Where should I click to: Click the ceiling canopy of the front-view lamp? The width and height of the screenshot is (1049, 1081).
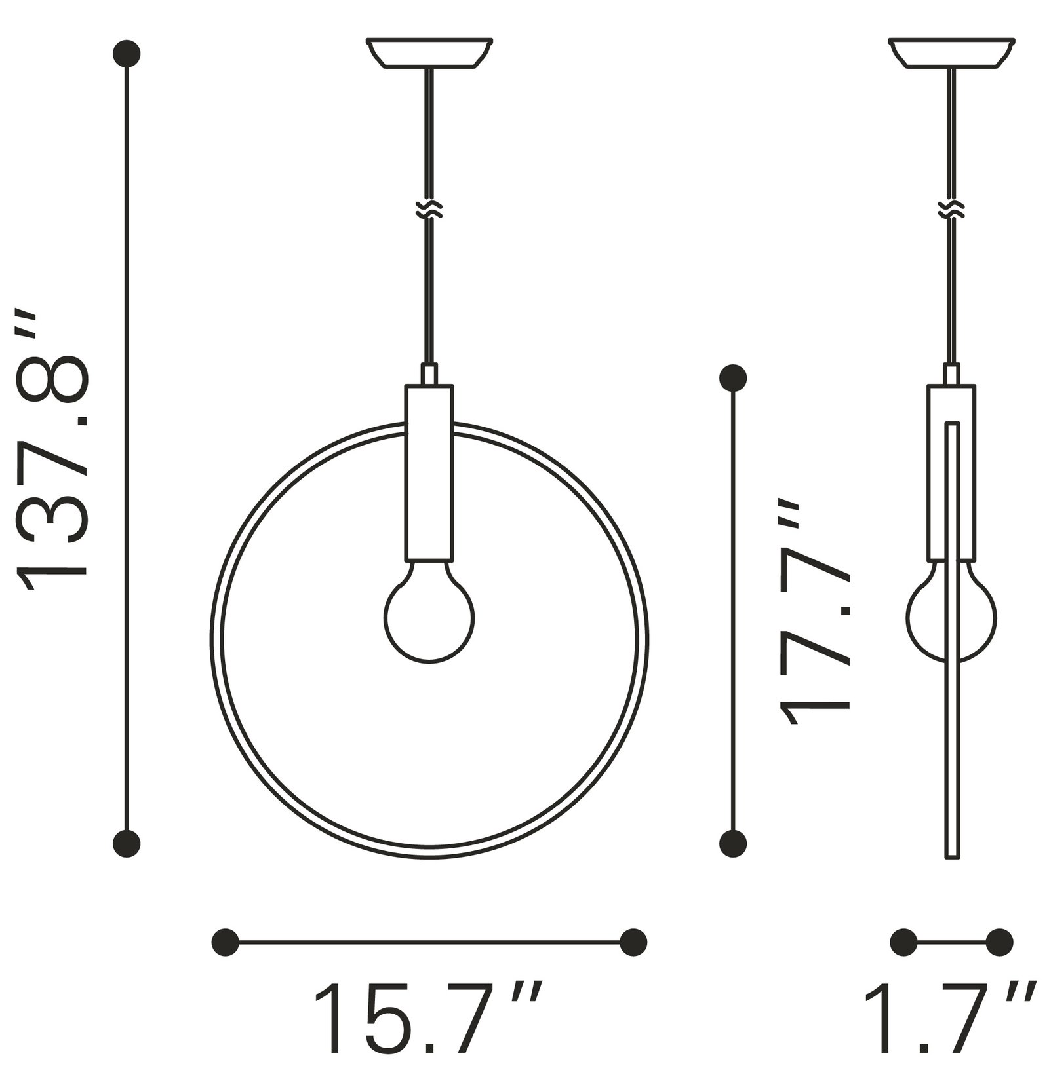click(x=429, y=53)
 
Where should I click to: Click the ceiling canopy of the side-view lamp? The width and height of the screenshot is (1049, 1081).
click(x=951, y=53)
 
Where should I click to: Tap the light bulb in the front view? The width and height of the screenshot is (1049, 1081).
click(x=429, y=616)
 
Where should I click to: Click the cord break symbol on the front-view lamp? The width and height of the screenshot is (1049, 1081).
click(x=429, y=209)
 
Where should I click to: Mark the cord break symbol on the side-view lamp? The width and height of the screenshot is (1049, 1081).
click(x=951, y=209)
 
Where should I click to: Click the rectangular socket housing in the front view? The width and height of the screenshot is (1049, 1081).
click(x=429, y=472)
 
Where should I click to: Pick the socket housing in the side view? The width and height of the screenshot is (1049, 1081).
click(x=951, y=472)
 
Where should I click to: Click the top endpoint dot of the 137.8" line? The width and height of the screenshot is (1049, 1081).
click(x=127, y=53)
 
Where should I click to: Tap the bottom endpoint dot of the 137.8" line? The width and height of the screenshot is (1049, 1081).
click(x=127, y=843)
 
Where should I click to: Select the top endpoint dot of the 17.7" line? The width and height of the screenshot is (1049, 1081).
click(x=732, y=378)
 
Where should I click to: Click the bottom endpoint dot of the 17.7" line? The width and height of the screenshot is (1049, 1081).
click(x=732, y=843)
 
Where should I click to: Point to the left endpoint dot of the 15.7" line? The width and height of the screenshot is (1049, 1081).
click(x=226, y=942)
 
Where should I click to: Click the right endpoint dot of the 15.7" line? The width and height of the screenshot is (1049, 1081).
click(x=633, y=942)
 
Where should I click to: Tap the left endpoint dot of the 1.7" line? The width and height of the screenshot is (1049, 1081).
click(x=903, y=942)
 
